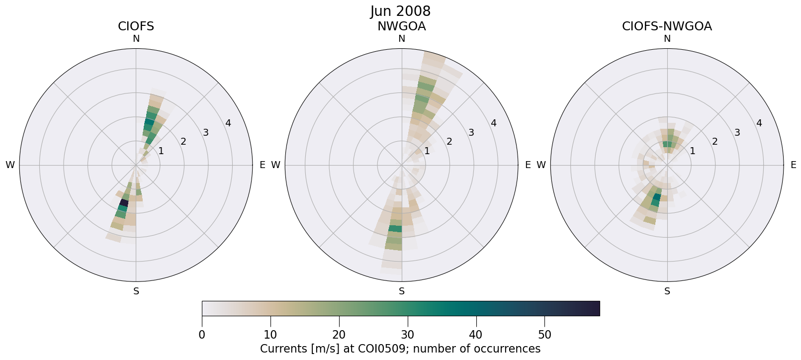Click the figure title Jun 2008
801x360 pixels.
400,11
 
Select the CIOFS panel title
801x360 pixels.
136,26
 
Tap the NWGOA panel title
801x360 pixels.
401,26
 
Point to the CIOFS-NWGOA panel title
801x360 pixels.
667,26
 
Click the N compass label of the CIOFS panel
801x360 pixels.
136,39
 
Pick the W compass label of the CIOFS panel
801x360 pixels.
10,165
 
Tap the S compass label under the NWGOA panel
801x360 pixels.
401,291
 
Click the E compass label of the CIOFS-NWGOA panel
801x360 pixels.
793,165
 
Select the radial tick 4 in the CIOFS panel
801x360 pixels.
228,123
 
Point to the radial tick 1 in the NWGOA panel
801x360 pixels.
427,151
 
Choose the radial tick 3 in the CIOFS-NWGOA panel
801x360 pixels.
737,133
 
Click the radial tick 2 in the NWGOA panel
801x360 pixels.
449,142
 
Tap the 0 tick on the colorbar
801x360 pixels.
202,335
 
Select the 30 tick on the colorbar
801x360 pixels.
408,335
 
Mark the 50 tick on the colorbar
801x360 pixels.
544,335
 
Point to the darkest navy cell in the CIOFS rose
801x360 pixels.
124,203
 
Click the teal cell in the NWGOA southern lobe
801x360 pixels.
395,228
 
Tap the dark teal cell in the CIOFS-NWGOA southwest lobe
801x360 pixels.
656,198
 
